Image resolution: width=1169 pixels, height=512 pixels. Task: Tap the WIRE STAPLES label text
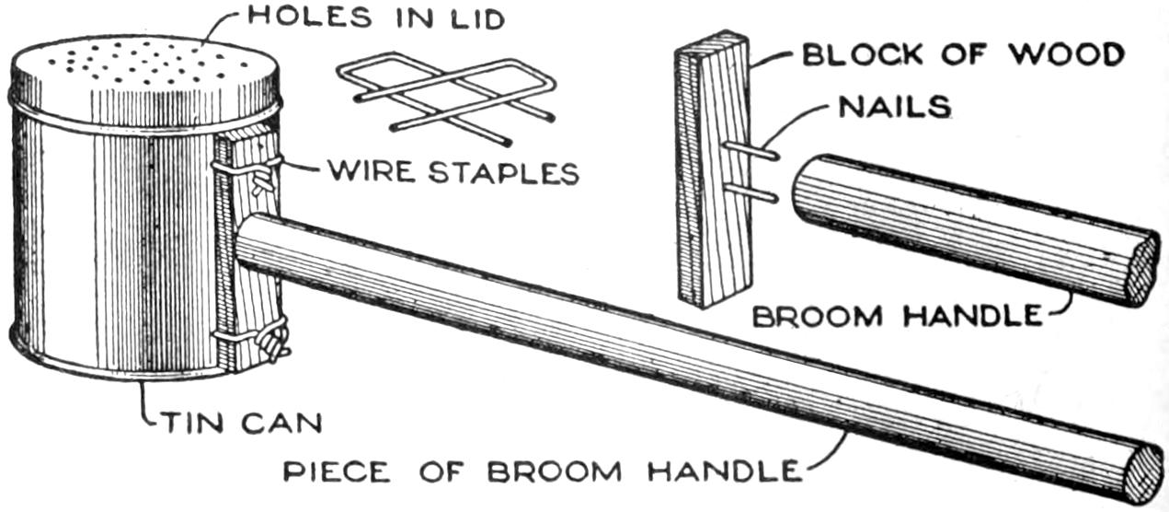click(x=453, y=171)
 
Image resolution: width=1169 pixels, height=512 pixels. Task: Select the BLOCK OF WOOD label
click(x=962, y=53)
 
